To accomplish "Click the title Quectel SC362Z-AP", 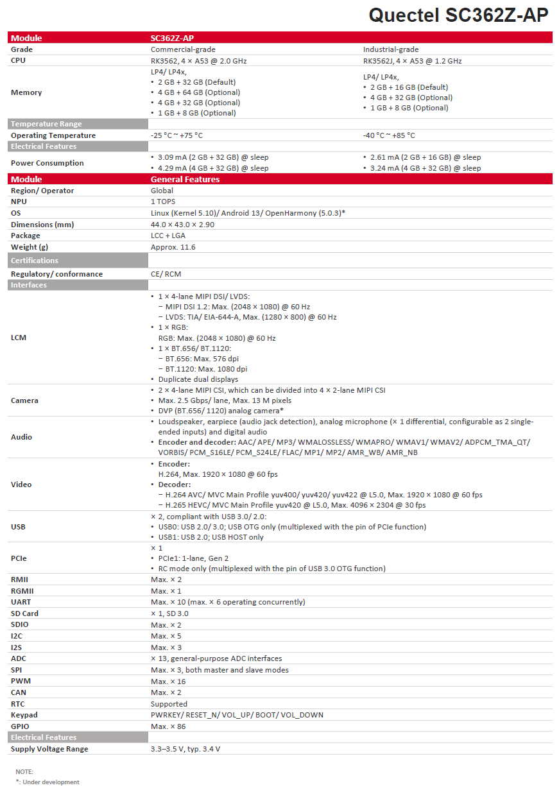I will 458,15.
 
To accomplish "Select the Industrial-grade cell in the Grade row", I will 391,49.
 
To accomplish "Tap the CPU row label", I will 19,61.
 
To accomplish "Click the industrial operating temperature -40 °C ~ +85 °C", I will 389,135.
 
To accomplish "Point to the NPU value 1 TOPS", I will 164,202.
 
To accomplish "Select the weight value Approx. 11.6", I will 173,247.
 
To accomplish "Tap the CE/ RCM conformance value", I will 166,274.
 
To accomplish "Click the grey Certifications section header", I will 35,261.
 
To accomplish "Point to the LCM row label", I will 19,337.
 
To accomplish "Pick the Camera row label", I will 24,400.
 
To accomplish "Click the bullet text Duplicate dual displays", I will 198,379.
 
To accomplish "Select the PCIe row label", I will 19,558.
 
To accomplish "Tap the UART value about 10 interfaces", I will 228,602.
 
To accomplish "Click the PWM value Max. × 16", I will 168,682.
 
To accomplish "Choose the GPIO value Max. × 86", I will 168,726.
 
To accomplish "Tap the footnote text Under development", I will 51,782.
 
